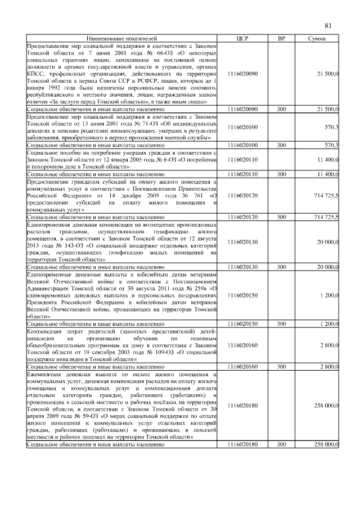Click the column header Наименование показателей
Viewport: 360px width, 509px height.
[x=121, y=38]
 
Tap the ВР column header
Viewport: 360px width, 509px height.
[x=282, y=38]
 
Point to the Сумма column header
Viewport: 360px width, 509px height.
[x=319, y=38]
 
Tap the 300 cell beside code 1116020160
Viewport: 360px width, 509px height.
[x=282, y=366]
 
